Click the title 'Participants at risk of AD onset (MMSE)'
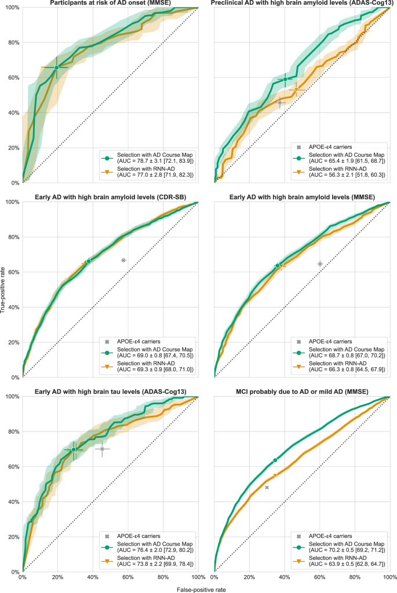(x=110, y=3)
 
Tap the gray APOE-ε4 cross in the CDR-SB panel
(x=123, y=260)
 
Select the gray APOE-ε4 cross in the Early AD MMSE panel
(x=320, y=263)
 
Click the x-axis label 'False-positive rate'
(x=201, y=588)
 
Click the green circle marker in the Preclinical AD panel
(x=285, y=79)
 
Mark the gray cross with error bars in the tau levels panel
(x=102, y=449)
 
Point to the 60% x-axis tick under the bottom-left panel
(x=128, y=577)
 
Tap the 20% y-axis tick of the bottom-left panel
(x=12, y=537)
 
